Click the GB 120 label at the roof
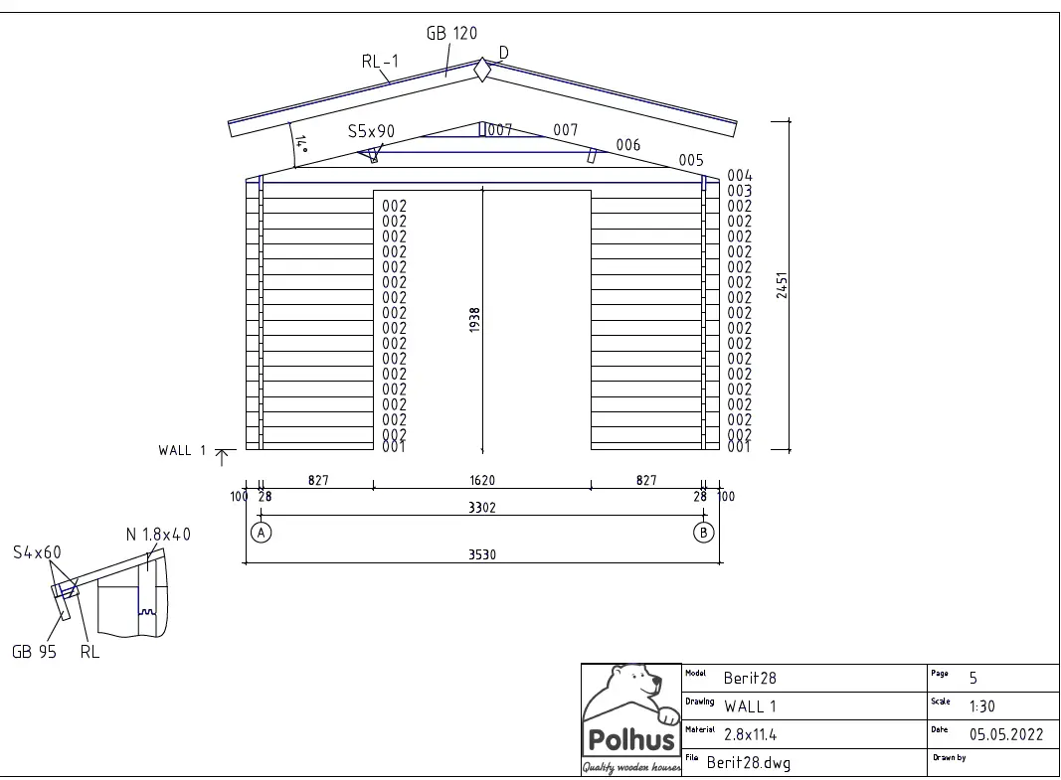click(x=451, y=33)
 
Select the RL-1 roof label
click(x=380, y=62)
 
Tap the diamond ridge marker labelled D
click(x=482, y=71)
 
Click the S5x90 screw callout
click(x=371, y=131)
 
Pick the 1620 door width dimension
click(x=482, y=480)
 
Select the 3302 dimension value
click(x=482, y=507)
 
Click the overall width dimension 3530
click(x=482, y=555)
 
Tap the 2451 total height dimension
click(x=783, y=285)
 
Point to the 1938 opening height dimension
click(x=475, y=319)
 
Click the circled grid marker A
click(x=261, y=533)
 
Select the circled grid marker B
click(x=704, y=533)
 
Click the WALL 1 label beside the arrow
click(x=182, y=451)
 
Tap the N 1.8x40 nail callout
click(x=158, y=535)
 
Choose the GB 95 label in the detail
click(x=34, y=653)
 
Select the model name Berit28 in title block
click(x=750, y=679)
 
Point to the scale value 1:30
click(x=981, y=707)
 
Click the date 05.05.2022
click(x=1005, y=735)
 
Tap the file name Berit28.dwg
click(x=749, y=763)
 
